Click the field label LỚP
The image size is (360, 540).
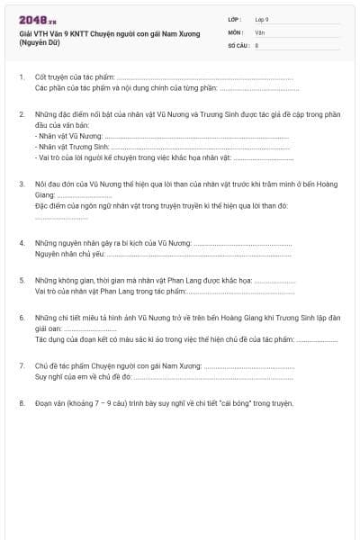pos(236,19)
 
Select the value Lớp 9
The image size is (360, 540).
pos(262,19)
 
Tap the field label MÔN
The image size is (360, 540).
pos(236,31)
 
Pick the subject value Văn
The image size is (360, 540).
pos(259,31)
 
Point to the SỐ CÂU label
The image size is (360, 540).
pos(238,44)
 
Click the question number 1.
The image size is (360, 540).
pos(21,78)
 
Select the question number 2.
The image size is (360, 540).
pos(21,114)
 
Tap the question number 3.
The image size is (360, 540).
pos(21,183)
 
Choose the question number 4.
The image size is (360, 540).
pos(21,244)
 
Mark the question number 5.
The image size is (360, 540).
pos(21,281)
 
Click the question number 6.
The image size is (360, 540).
pos(21,318)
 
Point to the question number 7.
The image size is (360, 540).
pos(21,366)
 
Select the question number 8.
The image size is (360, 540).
pos(21,403)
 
